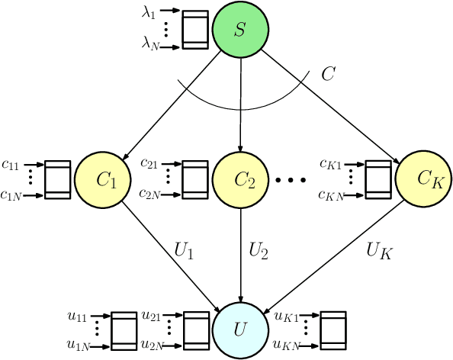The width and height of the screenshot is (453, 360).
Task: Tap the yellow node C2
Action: tap(241, 180)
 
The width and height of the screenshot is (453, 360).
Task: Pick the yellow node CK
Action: tap(424, 180)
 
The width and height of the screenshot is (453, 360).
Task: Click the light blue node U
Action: tap(241, 330)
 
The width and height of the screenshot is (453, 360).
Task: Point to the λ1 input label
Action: tap(153, 11)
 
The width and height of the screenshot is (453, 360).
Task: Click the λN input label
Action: tap(153, 47)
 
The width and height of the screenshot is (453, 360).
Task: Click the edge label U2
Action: tap(259, 249)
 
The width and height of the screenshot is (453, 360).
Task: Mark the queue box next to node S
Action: tap(194, 30)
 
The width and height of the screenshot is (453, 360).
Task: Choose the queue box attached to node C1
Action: tap(58, 180)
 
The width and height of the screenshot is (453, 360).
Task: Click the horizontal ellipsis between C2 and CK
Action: tap(291, 181)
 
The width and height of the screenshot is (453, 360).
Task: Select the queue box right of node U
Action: tap(333, 330)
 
